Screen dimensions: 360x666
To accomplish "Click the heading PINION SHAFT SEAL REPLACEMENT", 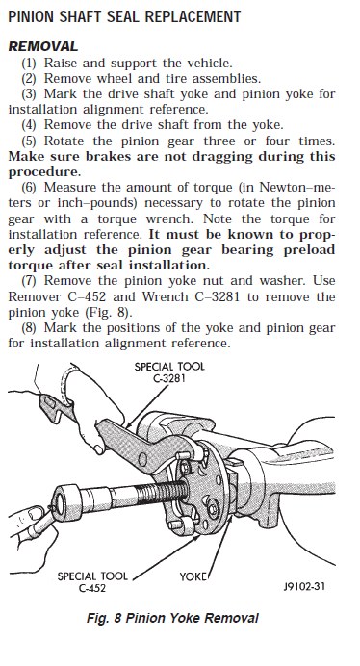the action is (x=124, y=16).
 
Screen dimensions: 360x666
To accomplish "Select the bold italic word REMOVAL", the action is (x=43, y=46).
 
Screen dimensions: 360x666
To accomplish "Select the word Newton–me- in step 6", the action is (x=297, y=188).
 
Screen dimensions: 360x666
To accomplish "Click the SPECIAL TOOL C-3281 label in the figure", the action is (x=169, y=372).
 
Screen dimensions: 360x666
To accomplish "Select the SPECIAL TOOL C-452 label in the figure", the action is (x=92, y=582).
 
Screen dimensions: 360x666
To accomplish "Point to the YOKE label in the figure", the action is (x=193, y=576).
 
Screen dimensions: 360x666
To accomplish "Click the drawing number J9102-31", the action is (x=304, y=586).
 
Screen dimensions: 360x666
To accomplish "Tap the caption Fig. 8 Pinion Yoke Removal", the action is (x=172, y=618).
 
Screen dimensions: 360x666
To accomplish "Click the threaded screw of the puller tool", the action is (x=162, y=492).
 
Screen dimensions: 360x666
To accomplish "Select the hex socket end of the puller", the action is (x=64, y=504).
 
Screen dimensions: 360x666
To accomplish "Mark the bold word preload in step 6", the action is (x=309, y=250).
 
